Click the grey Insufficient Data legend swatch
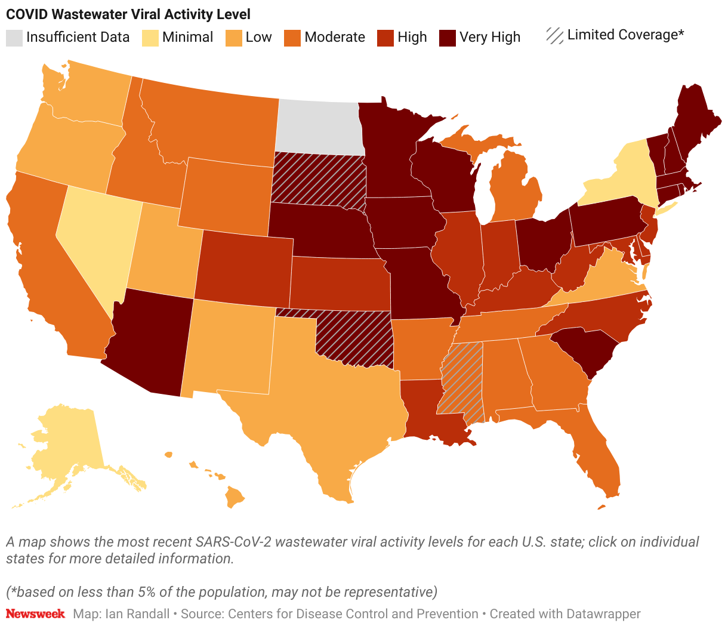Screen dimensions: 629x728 14,38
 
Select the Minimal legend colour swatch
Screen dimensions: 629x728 150,38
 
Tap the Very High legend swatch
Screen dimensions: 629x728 448,38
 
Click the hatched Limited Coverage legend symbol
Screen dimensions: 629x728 555,36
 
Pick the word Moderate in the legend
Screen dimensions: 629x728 334,37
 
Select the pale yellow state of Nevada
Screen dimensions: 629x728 95,239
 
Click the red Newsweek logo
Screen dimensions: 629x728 35,613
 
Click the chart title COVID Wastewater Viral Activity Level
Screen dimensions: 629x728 128,14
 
